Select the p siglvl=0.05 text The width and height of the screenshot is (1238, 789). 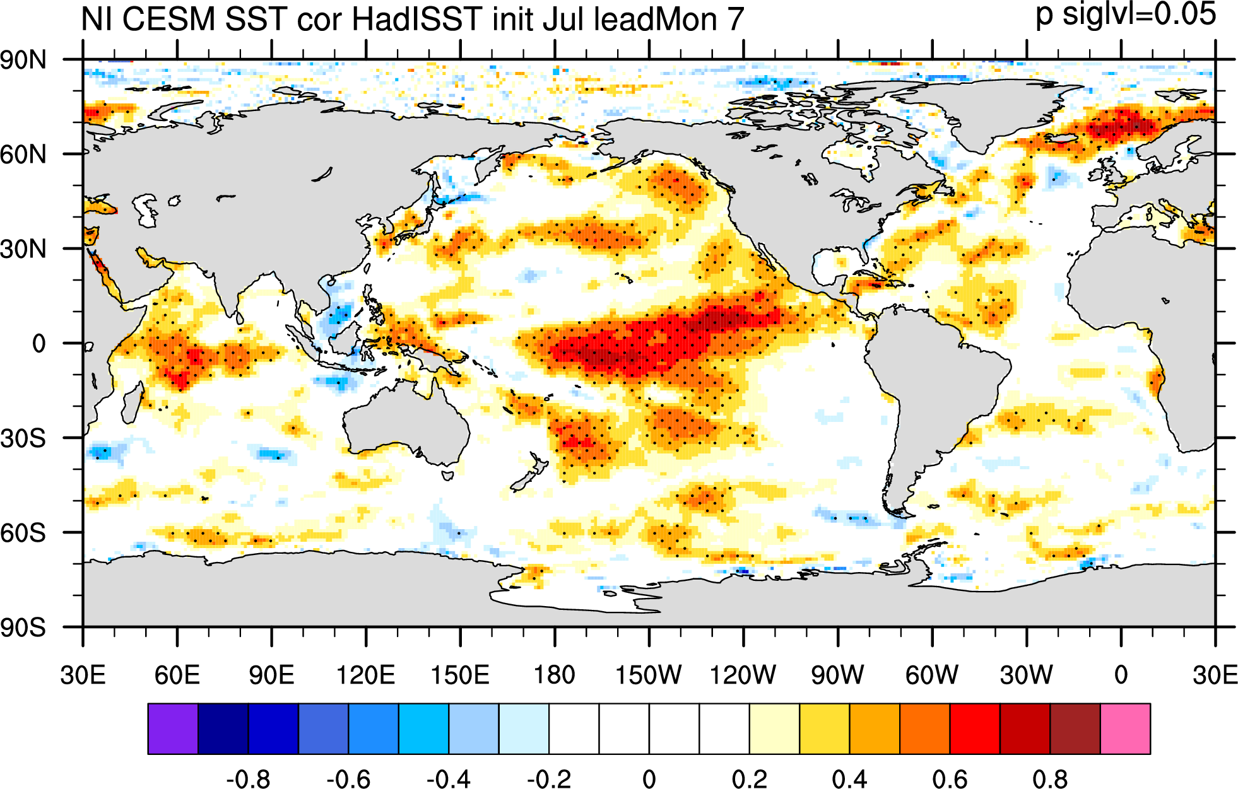click(1126, 15)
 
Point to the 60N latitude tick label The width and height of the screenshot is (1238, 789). click(24, 154)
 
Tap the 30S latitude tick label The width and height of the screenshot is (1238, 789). click(24, 438)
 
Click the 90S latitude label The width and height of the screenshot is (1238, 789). click(24, 628)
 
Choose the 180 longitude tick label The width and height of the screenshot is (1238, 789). click(555, 675)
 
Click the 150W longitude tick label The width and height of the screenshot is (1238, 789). click(649, 675)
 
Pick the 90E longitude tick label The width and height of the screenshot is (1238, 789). click(271, 675)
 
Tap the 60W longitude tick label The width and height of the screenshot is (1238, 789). click(932, 675)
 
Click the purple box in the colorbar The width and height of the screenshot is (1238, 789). click(173, 728)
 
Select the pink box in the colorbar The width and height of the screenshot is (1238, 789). click(1125, 728)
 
